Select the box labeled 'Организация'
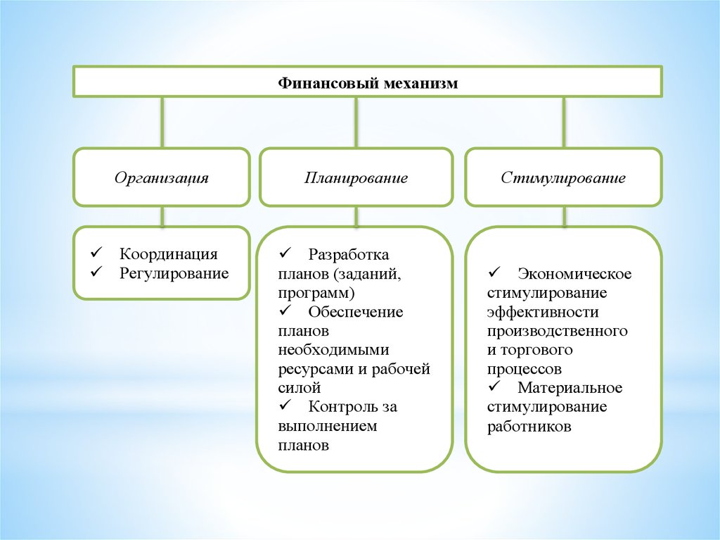coord(161,177)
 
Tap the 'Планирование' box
coord(356,177)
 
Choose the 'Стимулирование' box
coord(563,177)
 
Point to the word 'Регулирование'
coord(174,273)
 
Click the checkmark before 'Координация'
coord(96,253)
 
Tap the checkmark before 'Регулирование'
coord(96,272)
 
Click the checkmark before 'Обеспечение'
coord(285,310)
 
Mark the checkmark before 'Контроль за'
coord(285,405)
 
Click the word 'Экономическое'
coord(574,273)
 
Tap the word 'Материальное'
coord(570,388)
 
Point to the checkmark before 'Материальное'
coord(493,387)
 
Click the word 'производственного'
coord(556,330)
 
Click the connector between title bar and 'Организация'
coord(162,122)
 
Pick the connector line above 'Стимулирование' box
coord(563,122)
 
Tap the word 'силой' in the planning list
coord(300,387)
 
